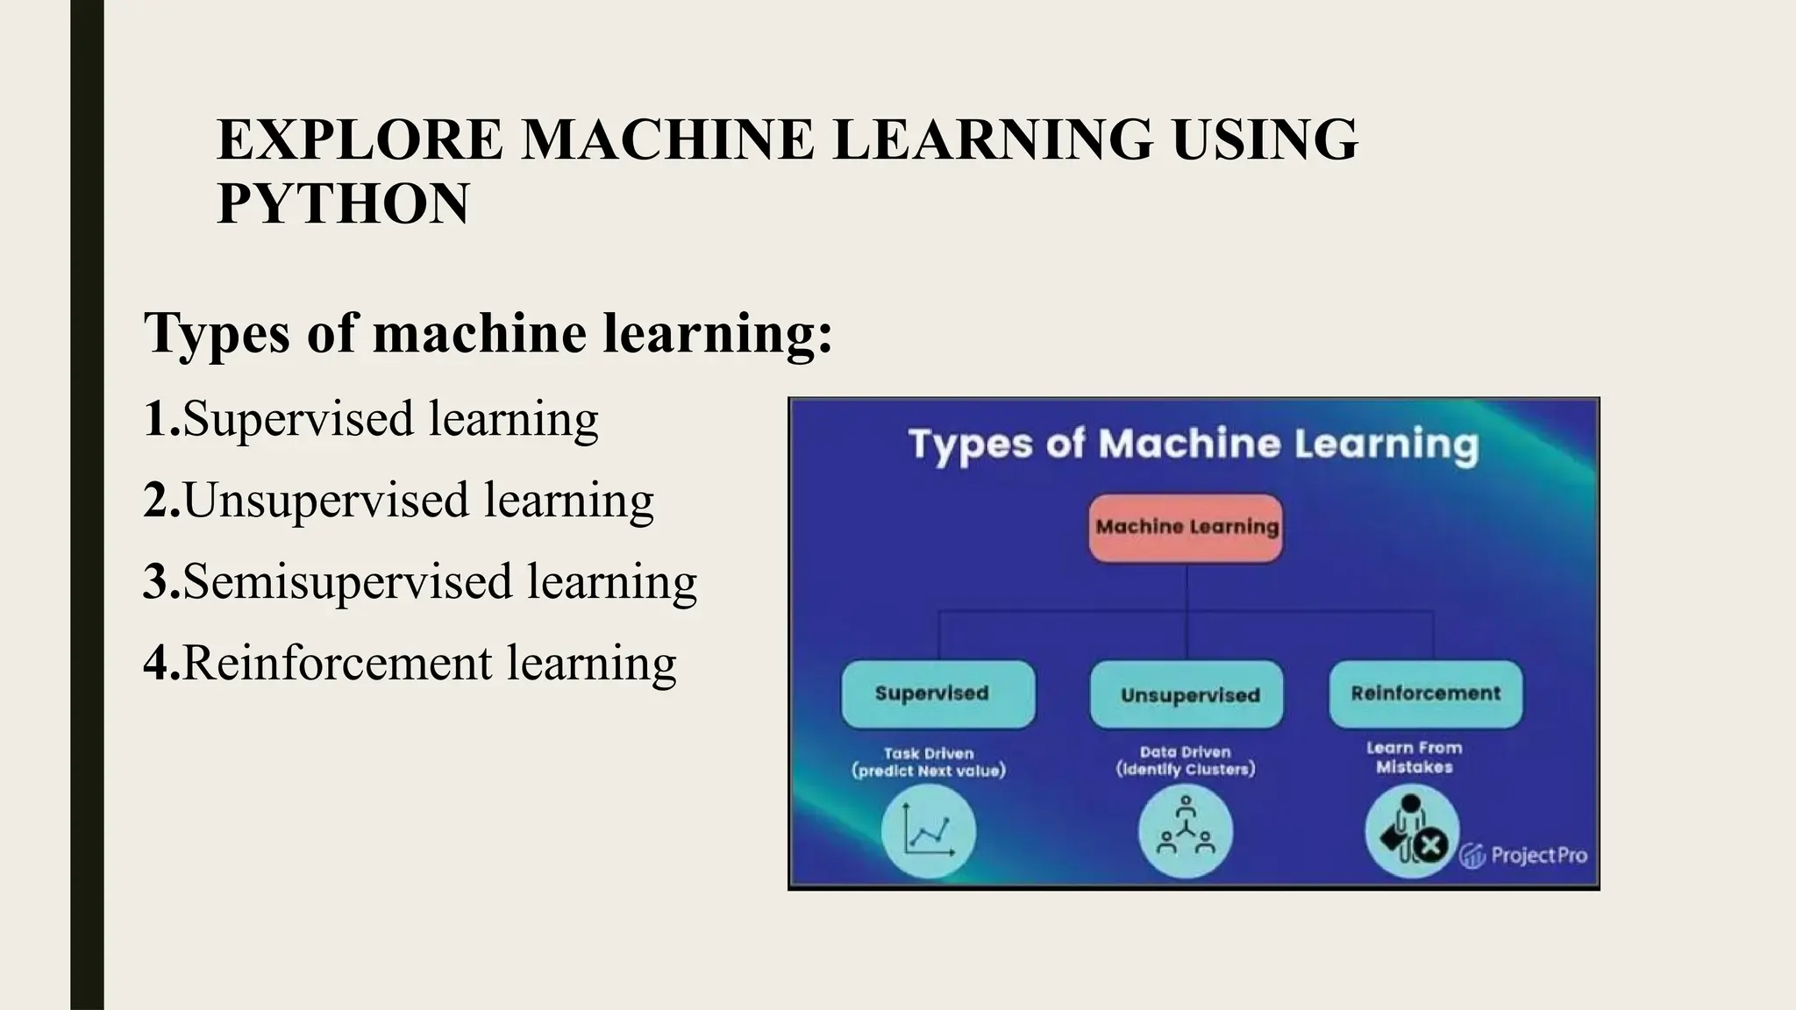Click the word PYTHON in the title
tap(343, 203)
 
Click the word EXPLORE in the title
tap(360, 139)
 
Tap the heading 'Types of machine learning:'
tap(488, 333)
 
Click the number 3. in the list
tap(161, 581)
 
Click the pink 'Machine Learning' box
tap(1186, 527)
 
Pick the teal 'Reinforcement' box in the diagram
tap(1426, 693)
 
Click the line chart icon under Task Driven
tap(928, 830)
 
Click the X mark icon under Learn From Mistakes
tap(1430, 845)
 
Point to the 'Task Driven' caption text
tap(929, 753)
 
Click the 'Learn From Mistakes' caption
tap(1415, 757)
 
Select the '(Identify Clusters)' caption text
tap(1186, 770)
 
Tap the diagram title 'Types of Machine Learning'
tap(1193, 444)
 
